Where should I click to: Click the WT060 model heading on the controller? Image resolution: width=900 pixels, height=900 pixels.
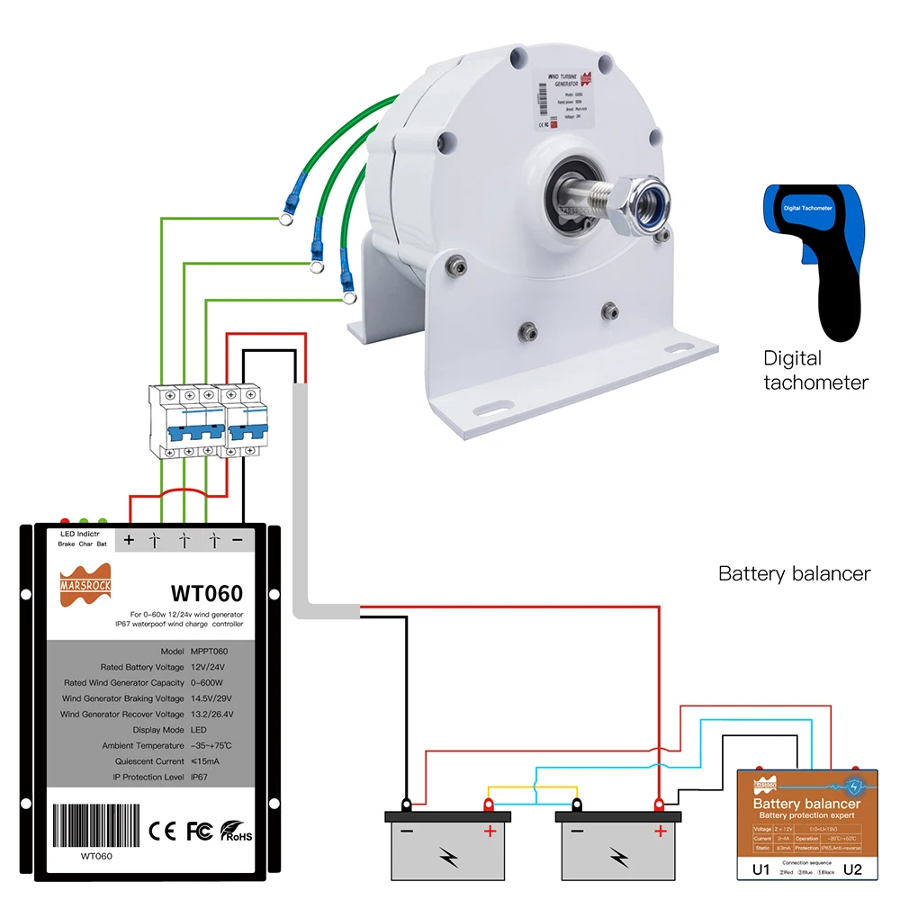[x=207, y=594]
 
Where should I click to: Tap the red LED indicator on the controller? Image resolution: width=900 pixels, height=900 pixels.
[x=65, y=521]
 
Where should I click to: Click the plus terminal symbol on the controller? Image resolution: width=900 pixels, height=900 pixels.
[x=129, y=540]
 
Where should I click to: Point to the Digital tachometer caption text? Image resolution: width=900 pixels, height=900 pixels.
[x=815, y=370]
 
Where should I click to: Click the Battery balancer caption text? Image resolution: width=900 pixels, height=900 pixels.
[x=794, y=573]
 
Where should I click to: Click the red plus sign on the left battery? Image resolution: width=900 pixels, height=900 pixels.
[x=490, y=831]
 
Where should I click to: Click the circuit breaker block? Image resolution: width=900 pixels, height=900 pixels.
[x=206, y=421]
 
